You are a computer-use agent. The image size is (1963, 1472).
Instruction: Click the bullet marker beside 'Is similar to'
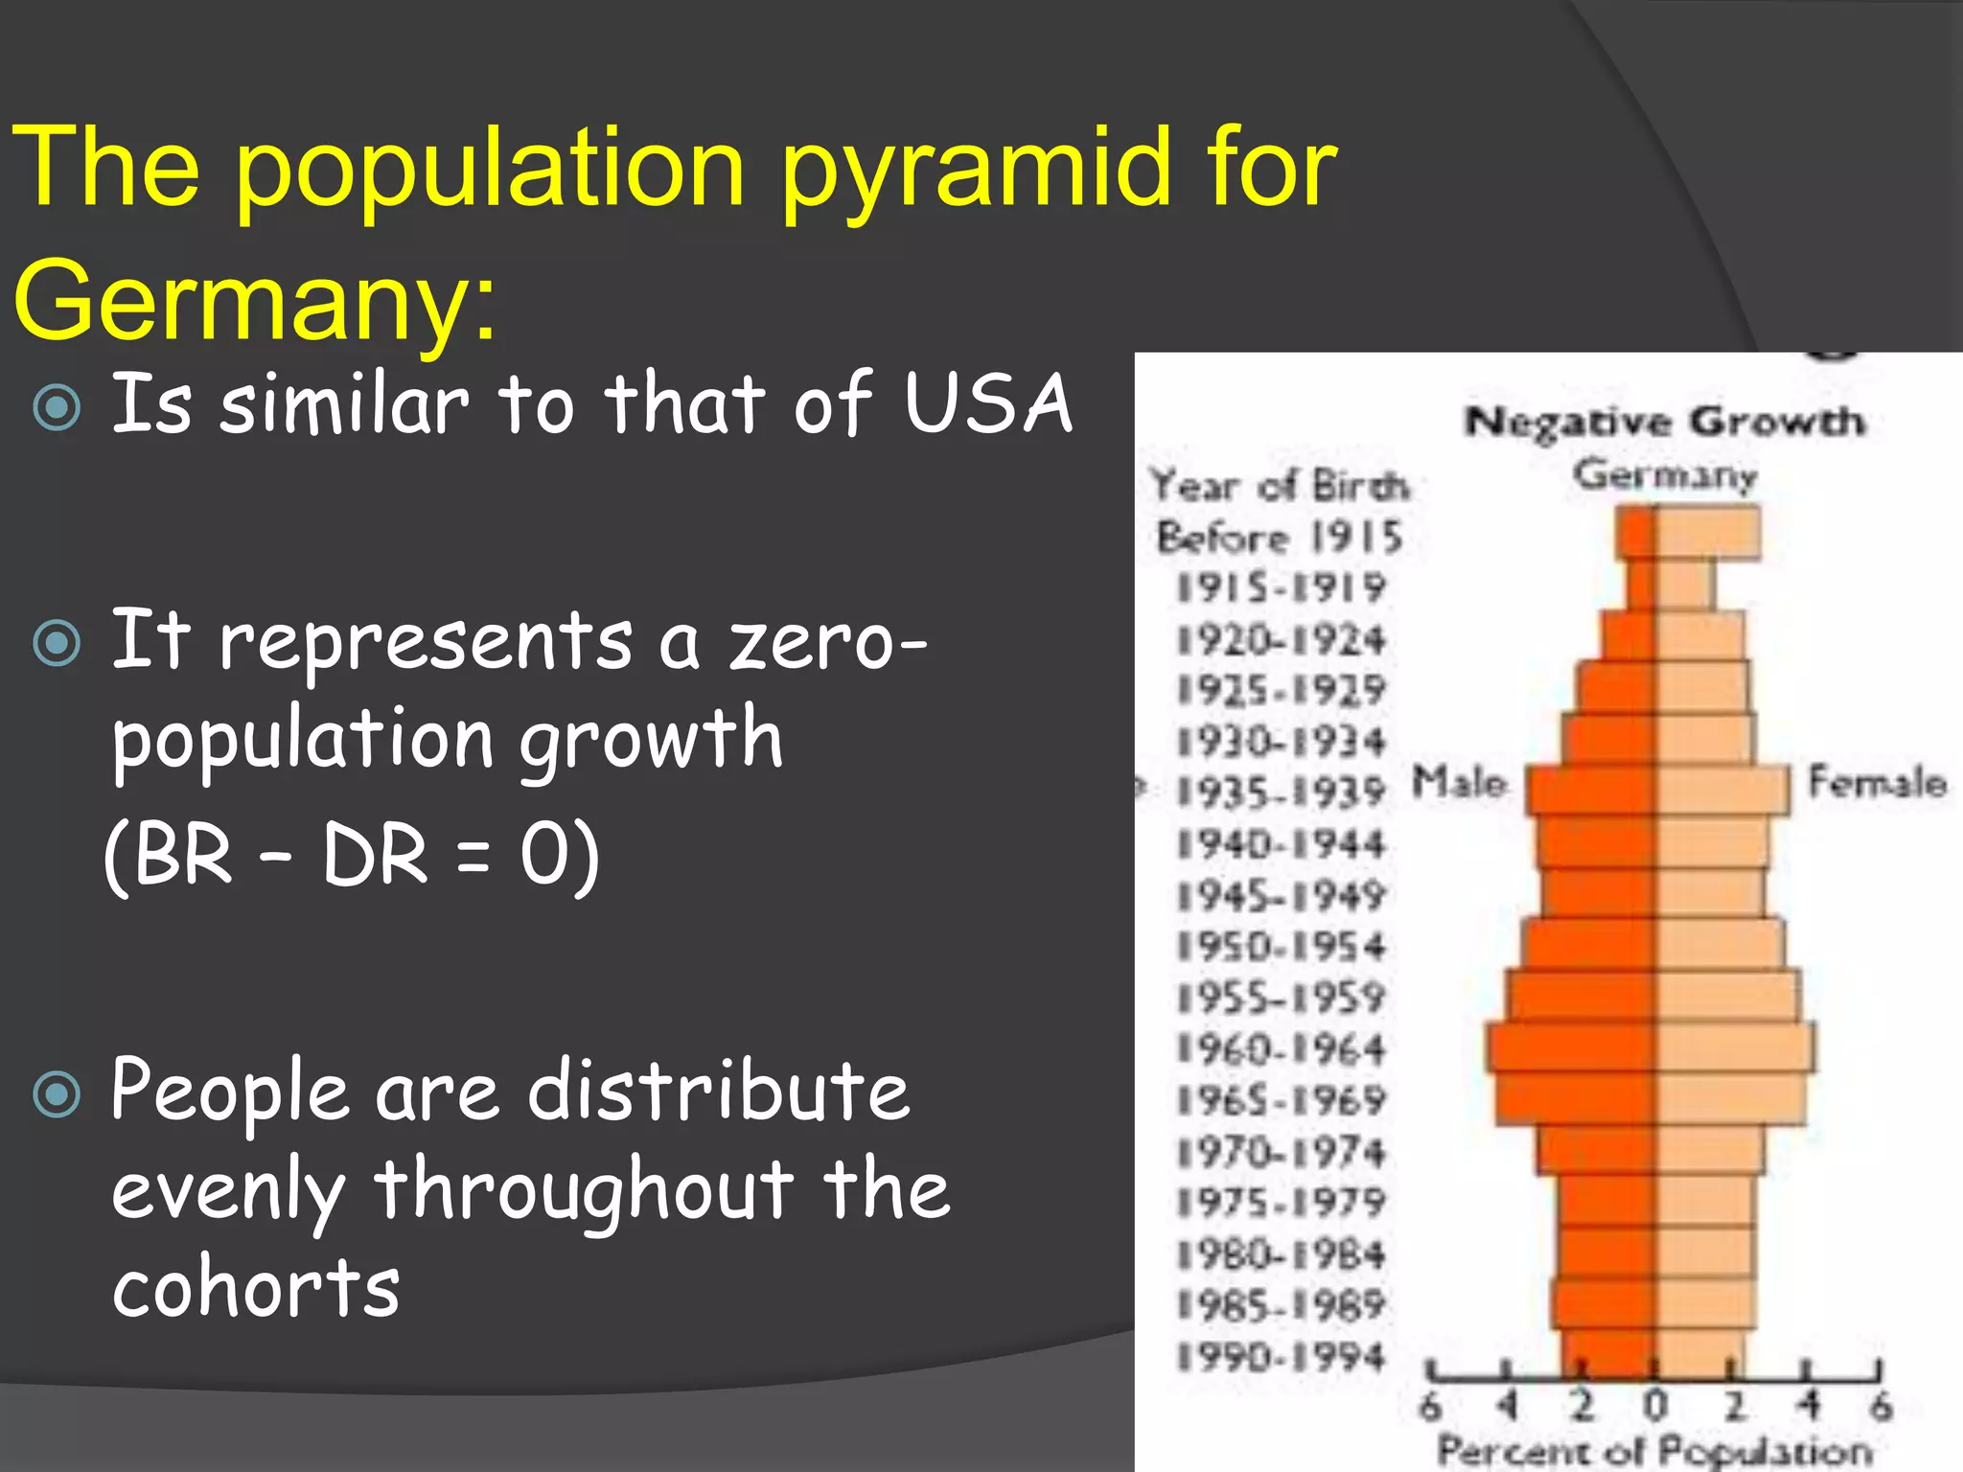pos(58,406)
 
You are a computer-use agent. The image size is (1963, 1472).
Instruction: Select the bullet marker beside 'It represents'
pos(58,643)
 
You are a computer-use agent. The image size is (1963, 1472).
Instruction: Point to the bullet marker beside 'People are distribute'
pos(58,1093)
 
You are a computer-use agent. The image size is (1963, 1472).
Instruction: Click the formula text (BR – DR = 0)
pos(352,855)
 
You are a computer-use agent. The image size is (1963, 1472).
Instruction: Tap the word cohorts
pos(256,1287)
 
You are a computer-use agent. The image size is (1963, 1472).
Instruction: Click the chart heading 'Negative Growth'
pos(1666,422)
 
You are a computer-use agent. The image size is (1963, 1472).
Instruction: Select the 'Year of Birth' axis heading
pos(1281,486)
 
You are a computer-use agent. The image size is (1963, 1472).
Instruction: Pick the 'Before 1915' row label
pos(1281,537)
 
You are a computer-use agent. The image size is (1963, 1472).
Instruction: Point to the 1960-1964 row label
pos(1281,1049)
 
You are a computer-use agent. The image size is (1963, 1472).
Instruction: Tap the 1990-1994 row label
pos(1281,1357)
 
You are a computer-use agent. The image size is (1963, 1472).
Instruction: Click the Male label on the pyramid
pos(1459,783)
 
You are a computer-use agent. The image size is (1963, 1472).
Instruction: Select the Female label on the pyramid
pos(1877,783)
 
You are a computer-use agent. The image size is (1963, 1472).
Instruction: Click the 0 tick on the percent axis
pos(1655,1406)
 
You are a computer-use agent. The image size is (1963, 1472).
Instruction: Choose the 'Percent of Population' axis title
pos(1655,1451)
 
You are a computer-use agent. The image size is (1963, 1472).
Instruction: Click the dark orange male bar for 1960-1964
pos(1572,1047)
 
